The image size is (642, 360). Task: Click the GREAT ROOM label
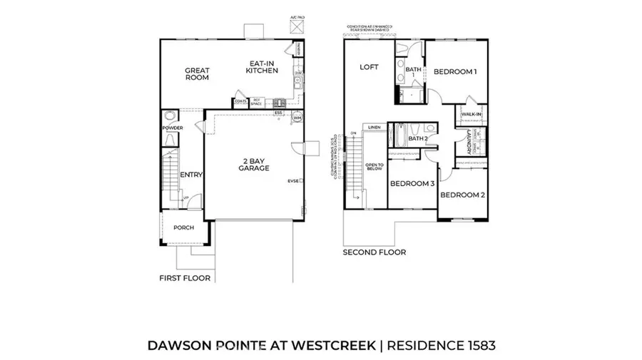pyautogui.click(x=197, y=74)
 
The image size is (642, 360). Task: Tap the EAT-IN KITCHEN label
pyautogui.click(x=261, y=66)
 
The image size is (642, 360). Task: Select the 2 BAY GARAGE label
pyautogui.click(x=253, y=164)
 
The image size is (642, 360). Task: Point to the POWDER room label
pyautogui.click(x=173, y=128)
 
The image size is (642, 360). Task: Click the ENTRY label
pyautogui.click(x=191, y=175)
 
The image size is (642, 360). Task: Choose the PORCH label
pyautogui.click(x=183, y=228)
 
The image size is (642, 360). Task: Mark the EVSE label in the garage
pyautogui.click(x=292, y=180)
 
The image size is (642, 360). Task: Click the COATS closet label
pyautogui.click(x=241, y=102)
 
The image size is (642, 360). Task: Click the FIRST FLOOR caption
pyautogui.click(x=185, y=278)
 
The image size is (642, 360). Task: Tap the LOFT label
pyautogui.click(x=368, y=67)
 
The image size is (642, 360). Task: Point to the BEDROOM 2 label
pyautogui.click(x=462, y=195)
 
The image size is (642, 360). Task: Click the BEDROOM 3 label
pyautogui.click(x=412, y=183)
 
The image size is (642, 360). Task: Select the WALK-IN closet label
pyautogui.click(x=471, y=114)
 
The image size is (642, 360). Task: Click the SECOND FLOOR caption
pyautogui.click(x=374, y=252)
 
